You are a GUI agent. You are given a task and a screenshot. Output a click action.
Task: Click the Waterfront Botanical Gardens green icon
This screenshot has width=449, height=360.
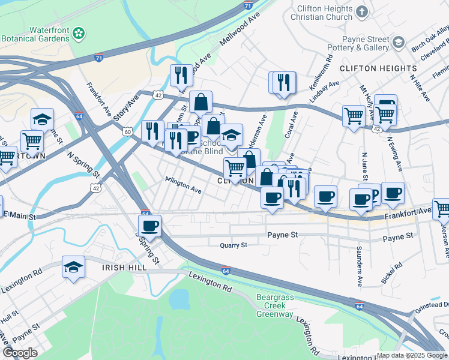pyautogui.click(x=79, y=34)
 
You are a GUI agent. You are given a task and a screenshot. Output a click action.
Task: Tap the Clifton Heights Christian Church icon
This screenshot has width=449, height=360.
pyautogui.click(x=361, y=11)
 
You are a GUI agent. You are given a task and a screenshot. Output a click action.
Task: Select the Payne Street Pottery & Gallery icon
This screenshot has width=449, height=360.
pyautogui.click(x=397, y=42)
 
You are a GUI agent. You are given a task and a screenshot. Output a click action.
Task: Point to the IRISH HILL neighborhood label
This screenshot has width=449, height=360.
pyautogui.click(x=124, y=268)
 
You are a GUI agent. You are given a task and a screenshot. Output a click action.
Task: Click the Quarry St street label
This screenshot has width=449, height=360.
pyautogui.click(x=234, y=245)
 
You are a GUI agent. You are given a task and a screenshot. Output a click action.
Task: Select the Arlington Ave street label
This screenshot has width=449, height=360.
pyautogui.click(x=183, y=188)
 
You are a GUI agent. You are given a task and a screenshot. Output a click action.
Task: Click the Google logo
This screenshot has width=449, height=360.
pyautogui.click(x=20, y=353)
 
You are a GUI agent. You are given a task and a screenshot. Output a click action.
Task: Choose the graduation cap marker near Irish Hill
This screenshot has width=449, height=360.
pyautogui.click(x=73, y=268)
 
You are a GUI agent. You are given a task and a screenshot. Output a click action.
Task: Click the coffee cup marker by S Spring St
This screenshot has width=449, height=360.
pyautogui.click(x=149, y=226)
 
